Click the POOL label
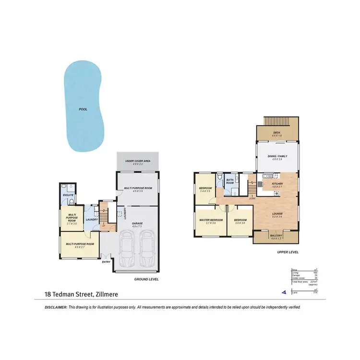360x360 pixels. point(83,109)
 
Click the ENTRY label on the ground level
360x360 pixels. point(106,262)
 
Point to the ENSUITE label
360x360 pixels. point(68,195)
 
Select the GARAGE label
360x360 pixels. point(138,224)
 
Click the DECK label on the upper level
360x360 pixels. point(276,133)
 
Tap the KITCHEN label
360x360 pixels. point(278,184)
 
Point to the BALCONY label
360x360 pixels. point(276,236)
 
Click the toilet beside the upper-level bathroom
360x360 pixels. point(219,179)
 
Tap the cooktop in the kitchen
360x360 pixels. point(276,193)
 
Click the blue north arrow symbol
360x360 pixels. point(284,291)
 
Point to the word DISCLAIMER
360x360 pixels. point(55,307)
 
